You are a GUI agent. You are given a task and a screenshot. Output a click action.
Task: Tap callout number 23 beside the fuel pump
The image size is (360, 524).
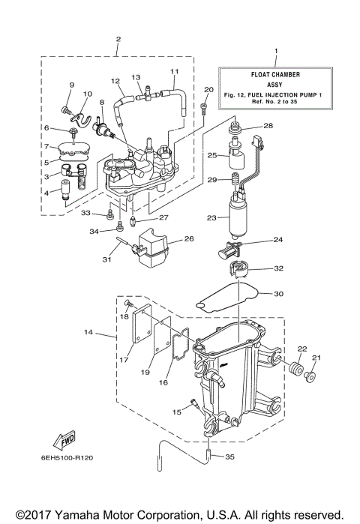coord(212,218)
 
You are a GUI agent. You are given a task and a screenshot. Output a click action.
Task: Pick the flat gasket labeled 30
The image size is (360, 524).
coord(229,298)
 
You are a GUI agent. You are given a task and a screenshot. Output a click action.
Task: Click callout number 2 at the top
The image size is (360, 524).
coord(118,37)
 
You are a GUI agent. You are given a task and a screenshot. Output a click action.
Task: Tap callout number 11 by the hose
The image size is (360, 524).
coord(174,72)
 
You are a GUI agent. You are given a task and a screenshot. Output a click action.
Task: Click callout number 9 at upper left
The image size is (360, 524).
coord(73,85)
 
